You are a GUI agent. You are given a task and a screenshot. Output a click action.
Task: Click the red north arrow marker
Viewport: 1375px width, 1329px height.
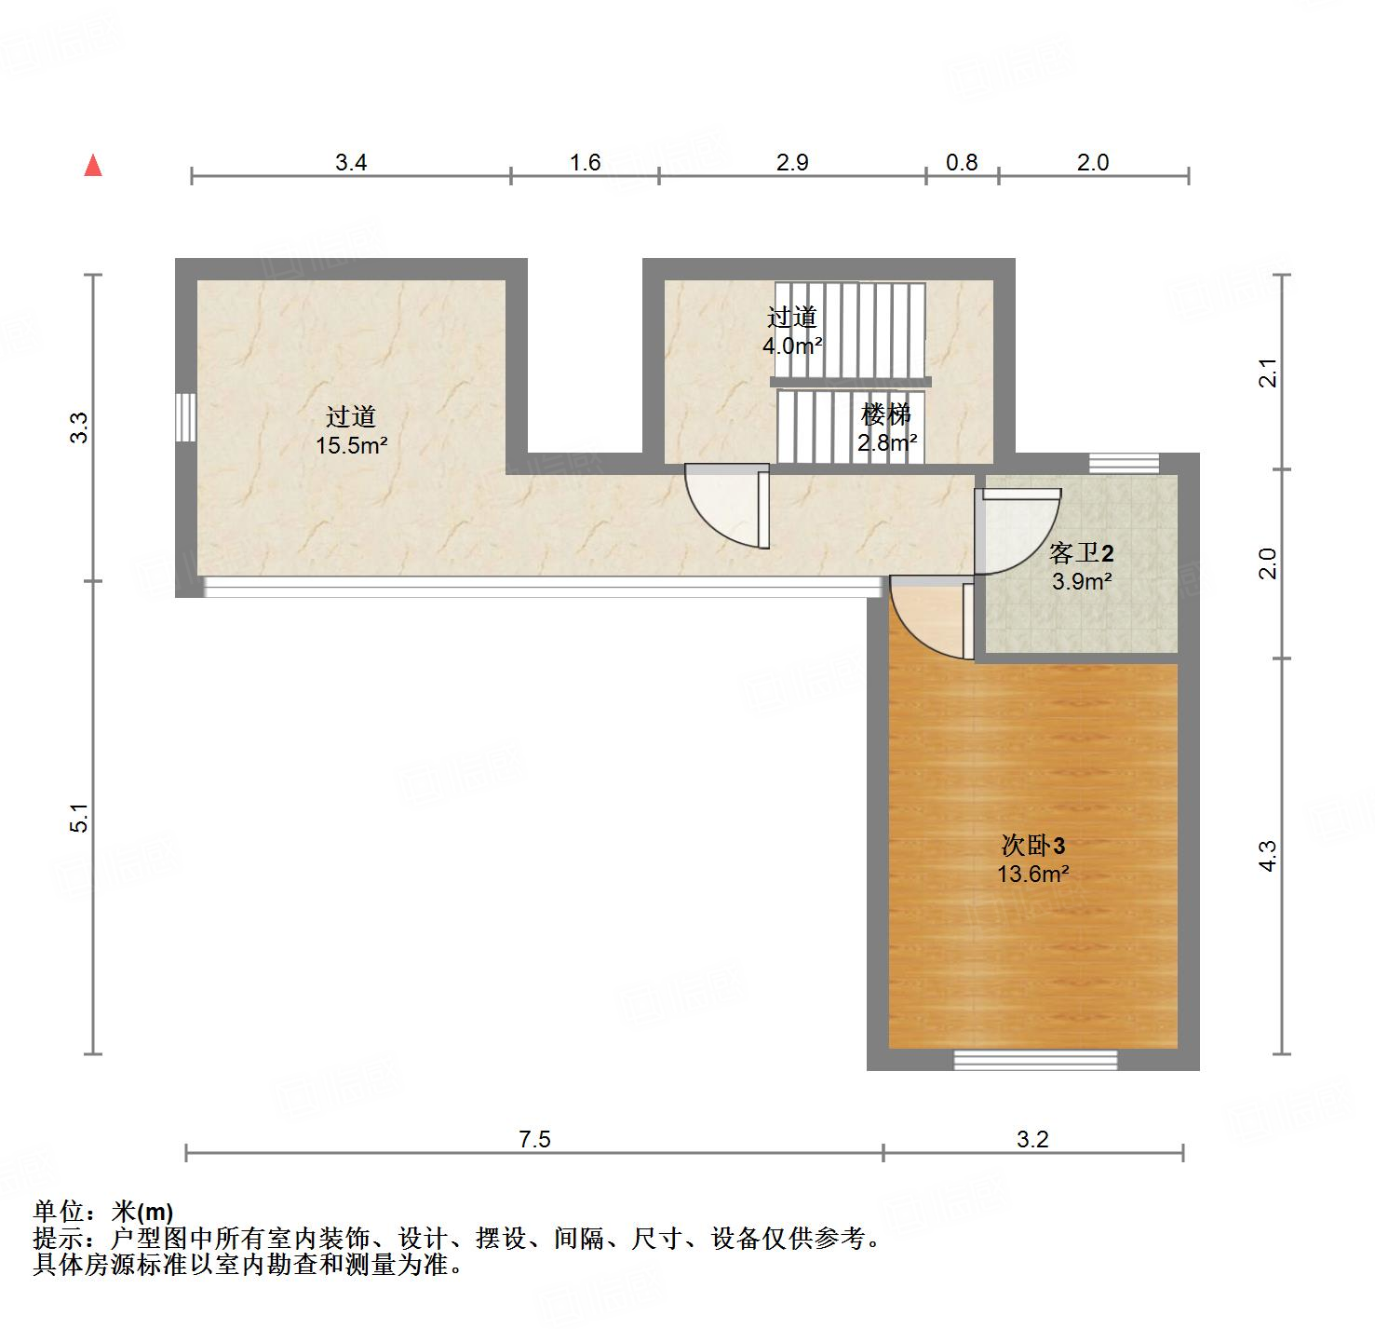point(93,166)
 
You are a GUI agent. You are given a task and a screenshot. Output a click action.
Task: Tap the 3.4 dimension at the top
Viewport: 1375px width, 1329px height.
point(351,163)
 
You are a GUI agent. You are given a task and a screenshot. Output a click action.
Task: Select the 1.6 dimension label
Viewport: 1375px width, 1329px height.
point(585,163)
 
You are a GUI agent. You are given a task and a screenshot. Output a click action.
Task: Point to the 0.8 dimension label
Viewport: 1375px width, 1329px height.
point(962,163)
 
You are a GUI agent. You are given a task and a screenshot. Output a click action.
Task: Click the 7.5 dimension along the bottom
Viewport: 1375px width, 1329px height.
point(535,1139)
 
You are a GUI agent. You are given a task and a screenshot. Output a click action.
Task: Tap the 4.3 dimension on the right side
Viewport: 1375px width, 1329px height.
point(1267,855)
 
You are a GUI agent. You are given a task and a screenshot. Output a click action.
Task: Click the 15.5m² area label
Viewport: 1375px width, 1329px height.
point(351,445)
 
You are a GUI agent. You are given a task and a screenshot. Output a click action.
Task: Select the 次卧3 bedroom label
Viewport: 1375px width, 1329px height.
point(1032,846)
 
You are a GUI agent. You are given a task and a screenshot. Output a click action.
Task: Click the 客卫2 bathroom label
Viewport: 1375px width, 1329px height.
point(1081,554)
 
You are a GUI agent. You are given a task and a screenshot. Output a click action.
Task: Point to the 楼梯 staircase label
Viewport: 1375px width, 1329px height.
point(885,414)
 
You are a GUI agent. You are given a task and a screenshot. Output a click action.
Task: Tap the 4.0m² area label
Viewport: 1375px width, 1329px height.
point(792,346)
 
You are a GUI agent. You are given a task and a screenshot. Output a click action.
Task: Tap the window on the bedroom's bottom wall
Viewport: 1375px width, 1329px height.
point(1035,1060)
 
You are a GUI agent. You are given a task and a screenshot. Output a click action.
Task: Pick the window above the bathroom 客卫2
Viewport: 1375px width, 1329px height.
point(1124,463)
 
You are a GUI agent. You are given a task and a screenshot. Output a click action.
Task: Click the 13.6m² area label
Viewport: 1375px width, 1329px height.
point(1032,875)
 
